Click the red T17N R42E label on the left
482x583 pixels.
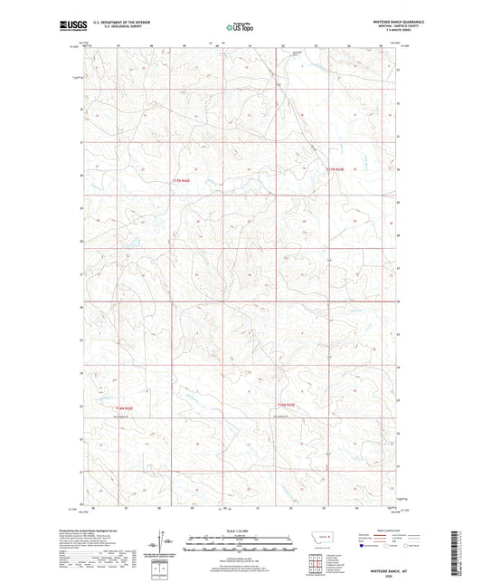183,180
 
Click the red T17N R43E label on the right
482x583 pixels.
336,169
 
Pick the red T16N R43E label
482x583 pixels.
286,404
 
